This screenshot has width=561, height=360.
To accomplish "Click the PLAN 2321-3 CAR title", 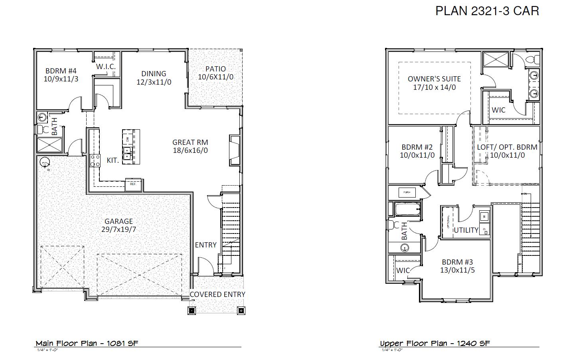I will [487, 11].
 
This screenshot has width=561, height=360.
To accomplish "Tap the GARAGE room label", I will [119, 221].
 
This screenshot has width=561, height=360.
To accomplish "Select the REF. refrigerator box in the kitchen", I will [132, 184].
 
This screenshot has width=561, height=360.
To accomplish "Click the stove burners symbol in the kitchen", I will [95, 160].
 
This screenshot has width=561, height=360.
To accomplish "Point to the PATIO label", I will [215, 69].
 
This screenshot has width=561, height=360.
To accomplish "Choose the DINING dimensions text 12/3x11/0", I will [154, 82].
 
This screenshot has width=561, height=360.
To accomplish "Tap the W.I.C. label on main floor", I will [106, 67].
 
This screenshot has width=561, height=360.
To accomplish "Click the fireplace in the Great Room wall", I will [234, 150].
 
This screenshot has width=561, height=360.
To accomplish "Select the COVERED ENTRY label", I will [217, 294].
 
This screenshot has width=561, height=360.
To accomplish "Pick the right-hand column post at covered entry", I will [241, 311].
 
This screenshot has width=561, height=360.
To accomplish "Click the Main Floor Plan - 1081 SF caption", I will [87, 343].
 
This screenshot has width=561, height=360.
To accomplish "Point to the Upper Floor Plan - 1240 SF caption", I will [435, 343].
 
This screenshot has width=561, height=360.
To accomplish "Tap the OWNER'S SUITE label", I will [434, 79].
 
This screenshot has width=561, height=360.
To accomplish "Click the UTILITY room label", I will [466, 230].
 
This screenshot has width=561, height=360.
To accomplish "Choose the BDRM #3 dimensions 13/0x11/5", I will [457, 270].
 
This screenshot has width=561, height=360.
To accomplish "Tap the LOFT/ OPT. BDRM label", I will [507, 147].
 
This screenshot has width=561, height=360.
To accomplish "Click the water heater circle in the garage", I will [44, 162].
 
